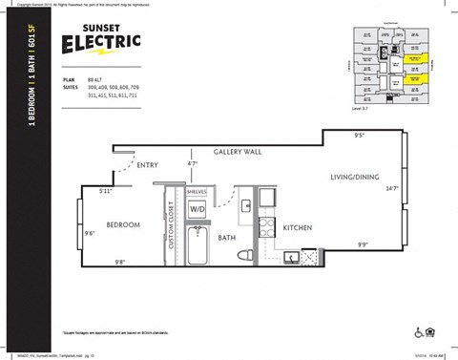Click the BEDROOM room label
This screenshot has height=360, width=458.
[x=123, y=225]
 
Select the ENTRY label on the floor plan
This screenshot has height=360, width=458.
[x=147, y=165]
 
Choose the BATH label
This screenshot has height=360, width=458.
[x=226, y=238]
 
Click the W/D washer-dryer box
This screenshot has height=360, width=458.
[x=198, y=207]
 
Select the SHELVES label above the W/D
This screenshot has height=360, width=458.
[x=198, y=191]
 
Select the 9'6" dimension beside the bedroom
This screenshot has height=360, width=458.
[x=89, y=232]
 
